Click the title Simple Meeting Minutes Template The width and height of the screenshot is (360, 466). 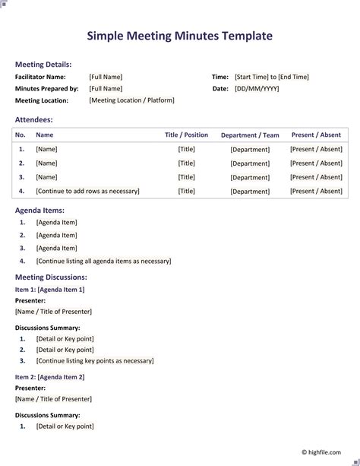(179, 36)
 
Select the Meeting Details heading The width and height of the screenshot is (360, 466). (43, 65)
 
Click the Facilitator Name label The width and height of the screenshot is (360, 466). (40, 77)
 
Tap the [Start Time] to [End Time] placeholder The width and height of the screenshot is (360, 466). (272, 77)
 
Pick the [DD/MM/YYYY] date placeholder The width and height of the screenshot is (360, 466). (257, 89)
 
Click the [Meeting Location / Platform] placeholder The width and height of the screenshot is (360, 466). (131, 100)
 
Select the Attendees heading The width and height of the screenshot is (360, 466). (34, 119)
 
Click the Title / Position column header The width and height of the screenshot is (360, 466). (186, 135)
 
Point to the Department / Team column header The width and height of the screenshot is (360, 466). (250, 135)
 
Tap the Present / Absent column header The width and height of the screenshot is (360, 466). (316, 135)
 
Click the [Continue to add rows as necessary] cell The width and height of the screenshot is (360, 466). (87, 192)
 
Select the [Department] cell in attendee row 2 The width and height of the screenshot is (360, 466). (250, 163)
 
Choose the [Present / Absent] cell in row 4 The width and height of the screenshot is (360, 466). (316, 192)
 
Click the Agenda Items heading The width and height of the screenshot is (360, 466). (39, 210)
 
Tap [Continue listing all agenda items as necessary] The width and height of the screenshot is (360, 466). (103, 262)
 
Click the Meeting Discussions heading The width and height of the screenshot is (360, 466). (51, 277)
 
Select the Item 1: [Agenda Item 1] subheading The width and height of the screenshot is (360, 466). (49, 290)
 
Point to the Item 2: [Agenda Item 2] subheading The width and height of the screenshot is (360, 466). (49, 377)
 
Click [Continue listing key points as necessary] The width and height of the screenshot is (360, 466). (95, 361)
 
